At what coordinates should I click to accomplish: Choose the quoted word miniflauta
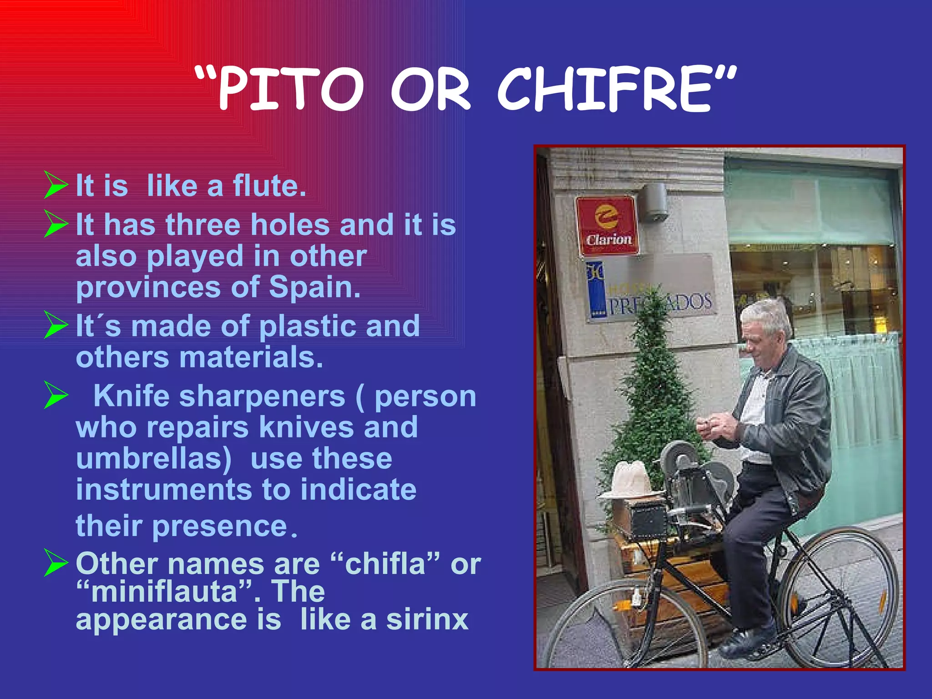coord(164,592)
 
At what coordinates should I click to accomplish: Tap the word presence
coord(219,526)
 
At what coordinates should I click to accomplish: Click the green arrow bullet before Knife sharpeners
coord(56,395)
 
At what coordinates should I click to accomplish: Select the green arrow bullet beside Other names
coord(56,562)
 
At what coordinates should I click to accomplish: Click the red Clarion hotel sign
coord(607,226)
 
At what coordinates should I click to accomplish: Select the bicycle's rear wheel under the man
coord(840,596)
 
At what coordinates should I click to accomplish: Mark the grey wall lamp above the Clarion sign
coord(653,203)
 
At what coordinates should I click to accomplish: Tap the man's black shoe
coord(746,639)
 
